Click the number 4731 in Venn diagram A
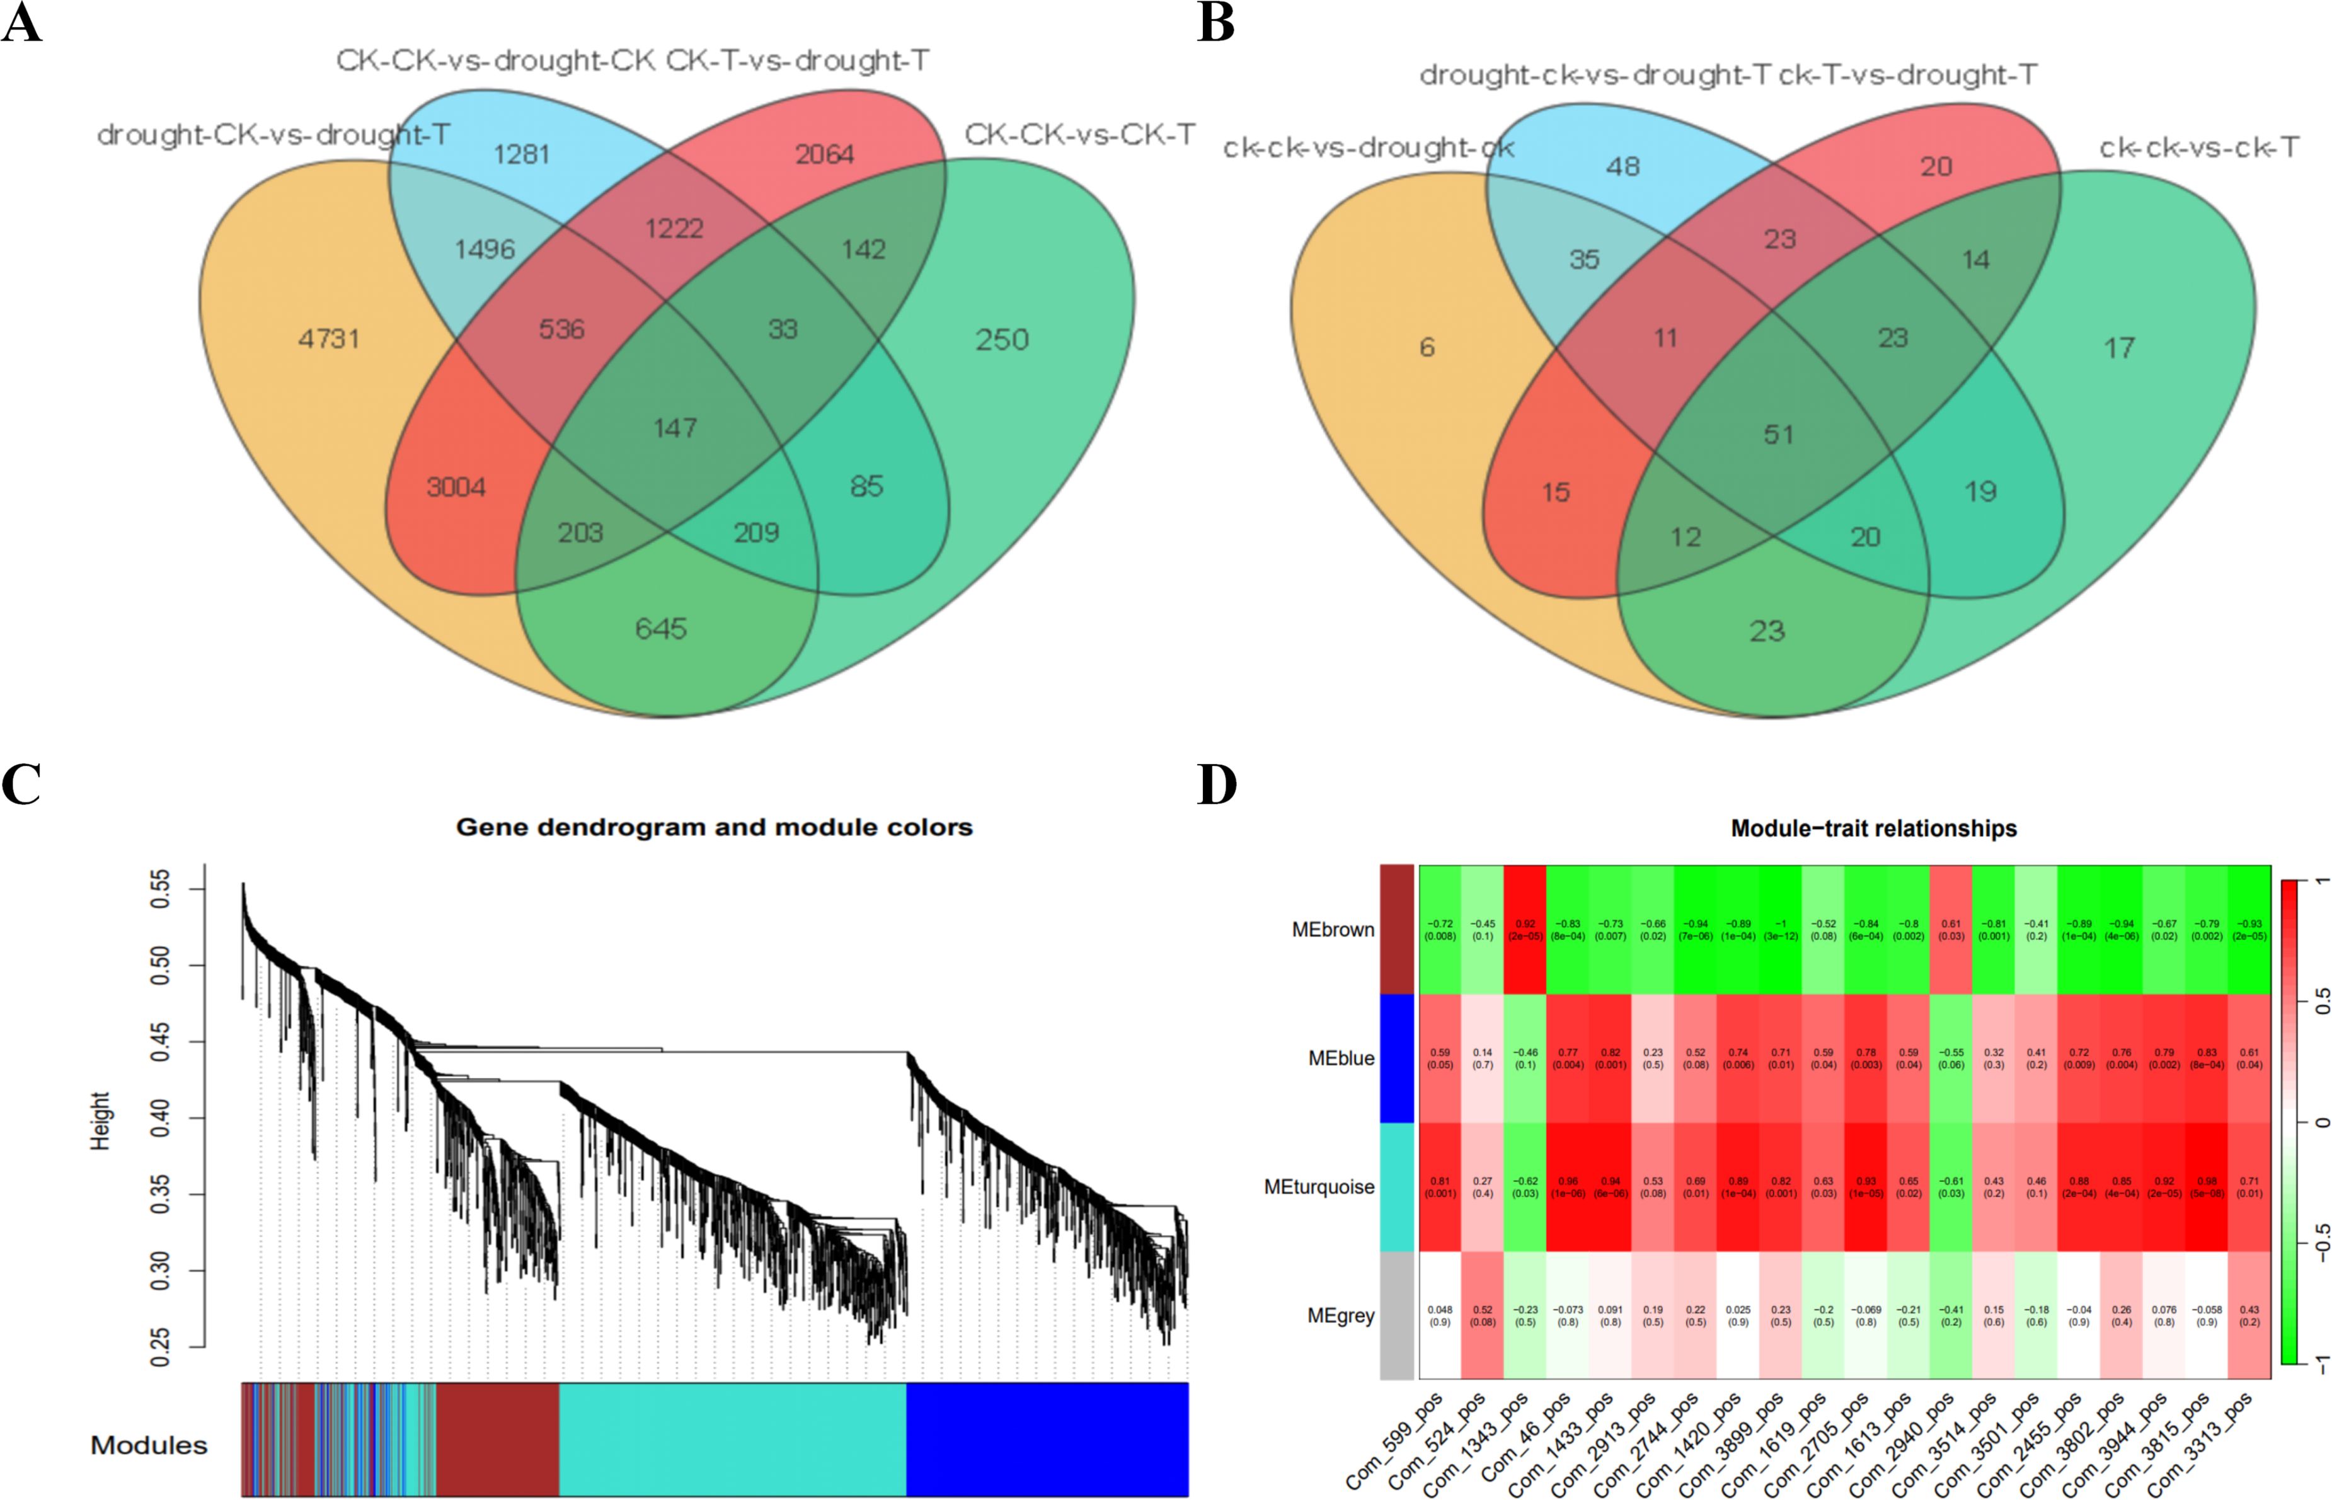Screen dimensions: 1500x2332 [330, 339]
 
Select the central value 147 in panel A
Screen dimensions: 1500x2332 [675, 428]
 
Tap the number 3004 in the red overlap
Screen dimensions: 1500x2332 [456, 487]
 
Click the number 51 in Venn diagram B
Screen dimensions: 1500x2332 [1779, 435]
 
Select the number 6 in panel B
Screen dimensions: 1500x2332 [1427, 346]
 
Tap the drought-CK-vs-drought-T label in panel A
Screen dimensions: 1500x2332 [273, 134]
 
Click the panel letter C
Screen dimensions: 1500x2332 [21, 785]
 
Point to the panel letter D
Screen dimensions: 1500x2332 [1217, 785]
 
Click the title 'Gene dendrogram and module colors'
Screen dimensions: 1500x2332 [714, 827]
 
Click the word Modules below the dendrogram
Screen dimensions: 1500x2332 [149, 1445]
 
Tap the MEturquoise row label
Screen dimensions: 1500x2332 [1319, 1186]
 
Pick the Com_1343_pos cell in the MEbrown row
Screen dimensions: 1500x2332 [1525, 929]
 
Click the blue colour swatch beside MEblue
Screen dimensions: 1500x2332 [1397, 1058]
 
